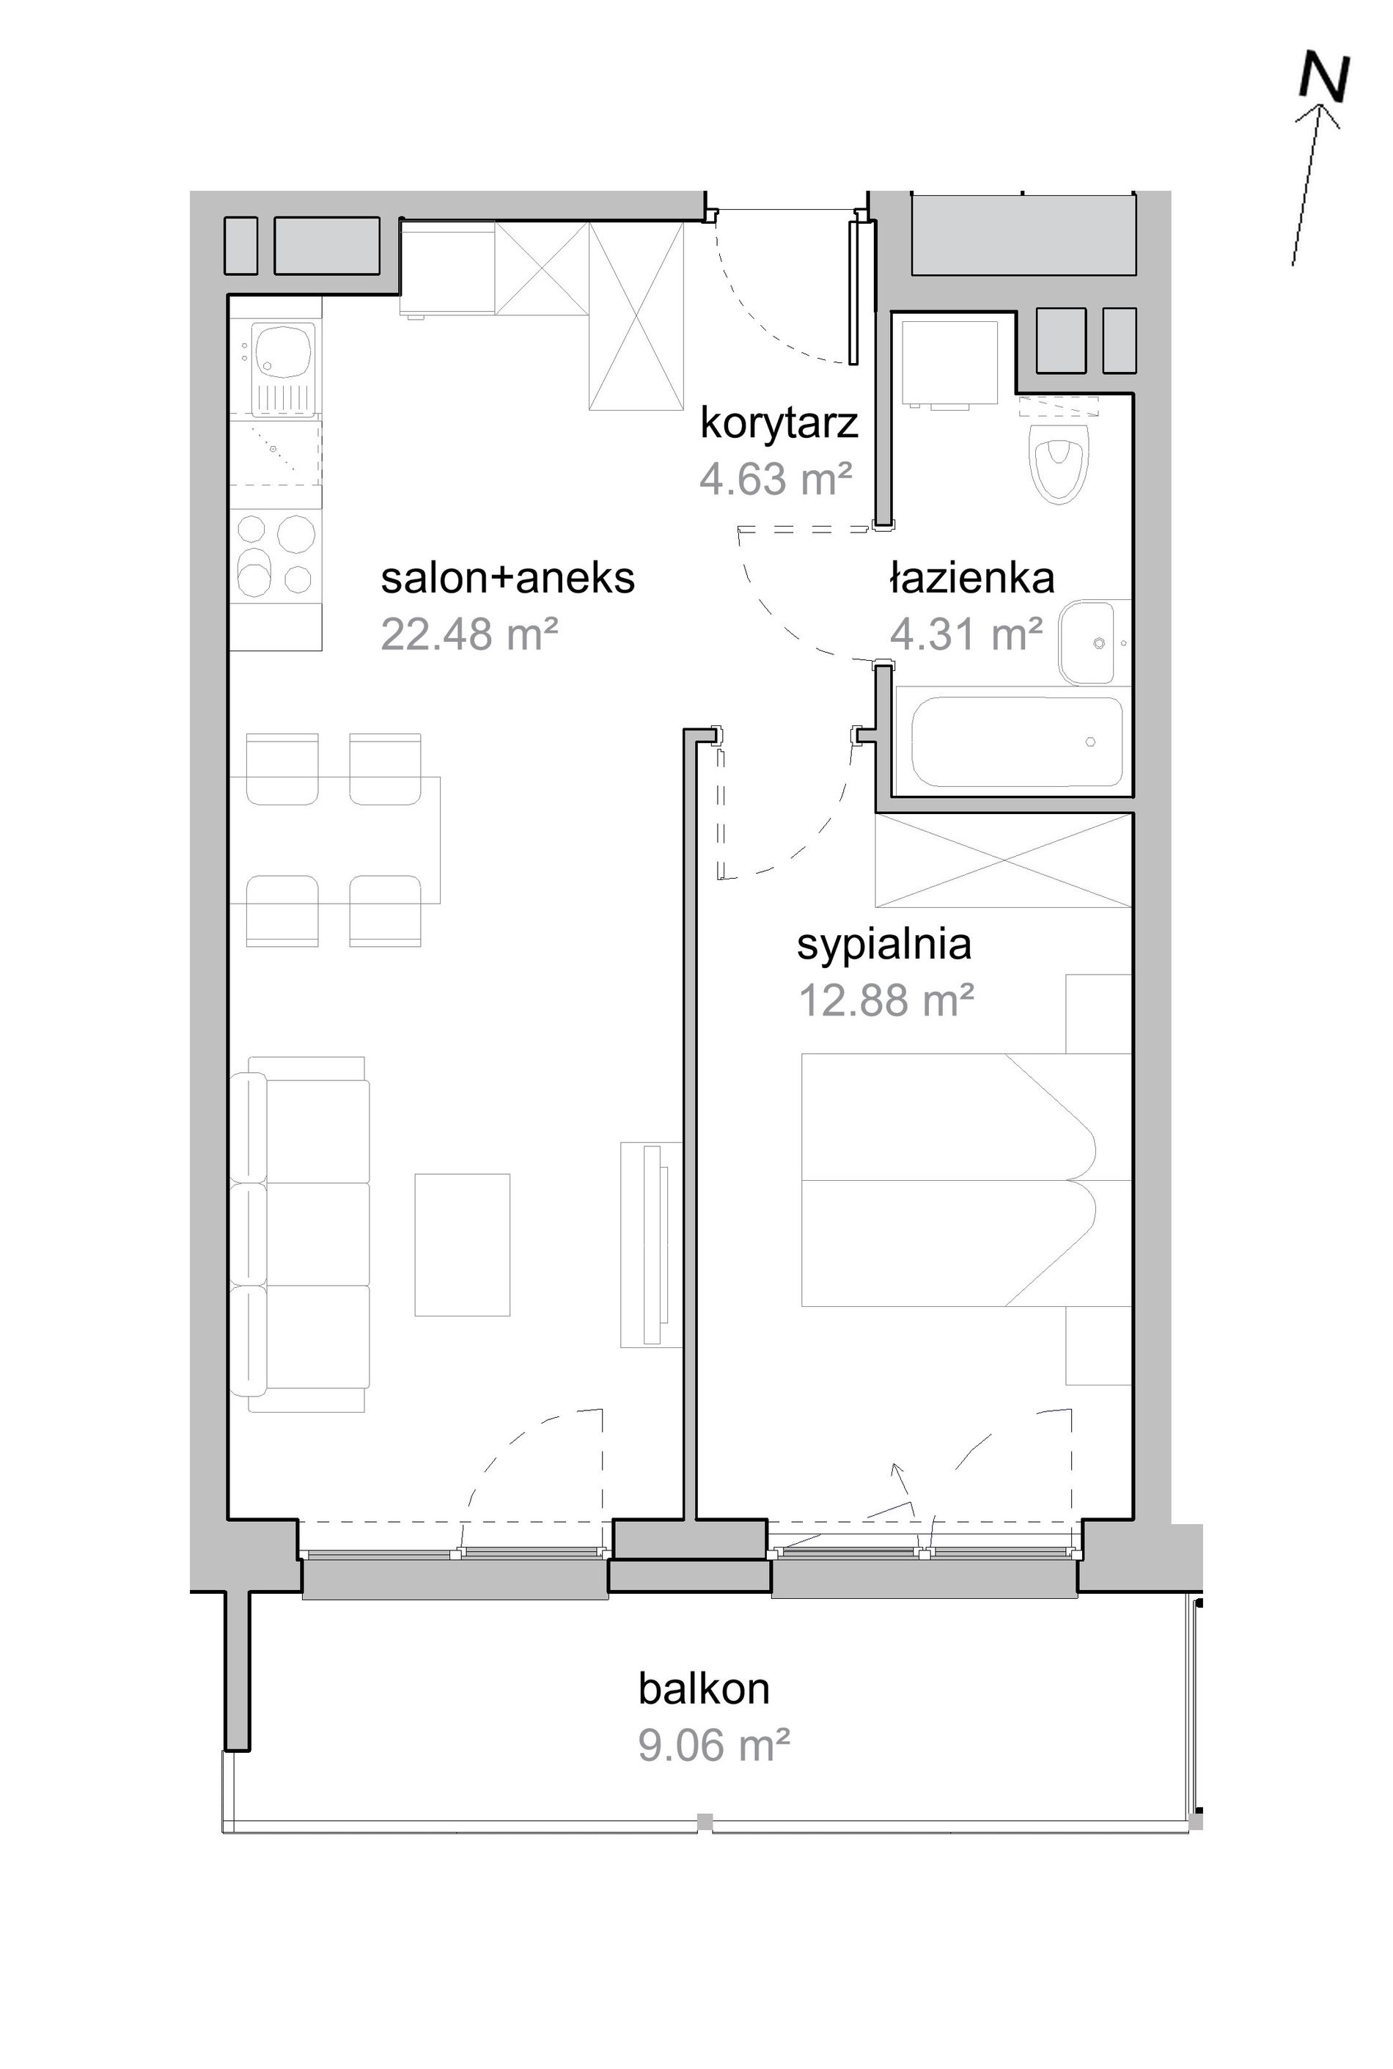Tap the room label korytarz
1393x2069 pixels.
click(x=779, y=423)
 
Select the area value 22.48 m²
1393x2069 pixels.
click(x=469, y=634)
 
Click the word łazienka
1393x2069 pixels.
click(x=972, y=579)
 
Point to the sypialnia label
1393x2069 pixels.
click(x=884, y=945)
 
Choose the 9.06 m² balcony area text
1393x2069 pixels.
click(x=713, y=1746)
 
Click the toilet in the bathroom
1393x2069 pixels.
click(x=1057, y=458)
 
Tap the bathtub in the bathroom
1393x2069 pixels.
click(x=1017, y=742)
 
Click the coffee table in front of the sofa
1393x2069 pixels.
click(x=462, y=1244)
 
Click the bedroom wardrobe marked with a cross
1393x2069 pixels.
click(x=1004, y=860)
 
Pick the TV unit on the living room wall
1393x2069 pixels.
click(x=651, y=1244)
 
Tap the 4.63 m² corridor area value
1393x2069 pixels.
click(x=776, y=480)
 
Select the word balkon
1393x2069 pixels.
click(x=704, y=1688)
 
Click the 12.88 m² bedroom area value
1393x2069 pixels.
click(x=886, y=1000)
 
